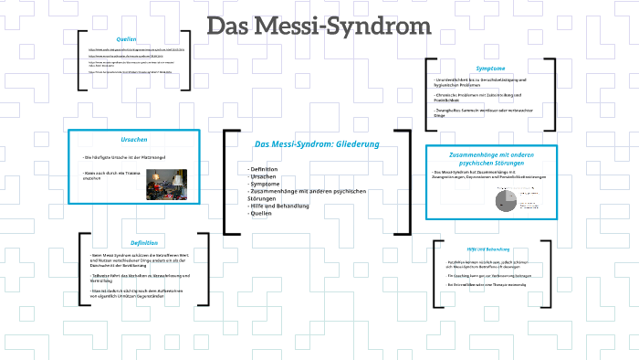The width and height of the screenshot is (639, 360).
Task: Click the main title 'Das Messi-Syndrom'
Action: coord(307,28)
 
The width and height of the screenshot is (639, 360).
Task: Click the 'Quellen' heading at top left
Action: coord(126,38)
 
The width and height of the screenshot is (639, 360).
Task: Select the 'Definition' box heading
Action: coord(143,242)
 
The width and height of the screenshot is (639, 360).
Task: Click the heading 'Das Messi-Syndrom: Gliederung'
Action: coord(316,143)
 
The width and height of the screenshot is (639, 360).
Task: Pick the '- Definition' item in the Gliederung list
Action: coord(264,169)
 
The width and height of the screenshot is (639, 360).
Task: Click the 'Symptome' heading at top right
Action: coord(490,69)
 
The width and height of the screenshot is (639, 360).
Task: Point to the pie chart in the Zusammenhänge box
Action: coord(505,200)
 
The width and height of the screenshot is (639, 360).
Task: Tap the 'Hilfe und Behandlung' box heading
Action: coord(488,249)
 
